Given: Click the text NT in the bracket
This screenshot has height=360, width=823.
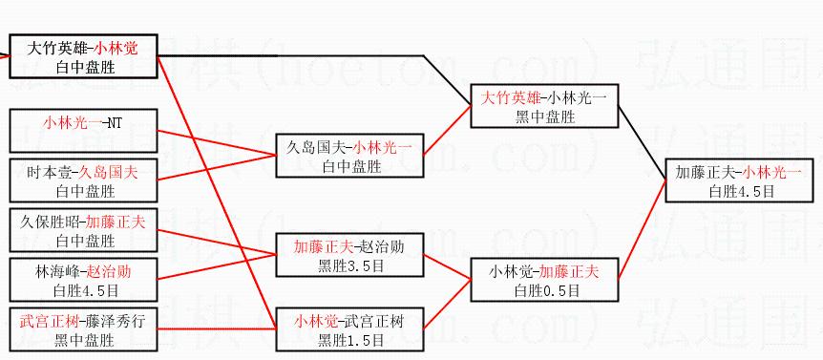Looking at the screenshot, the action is (x=114, y=123).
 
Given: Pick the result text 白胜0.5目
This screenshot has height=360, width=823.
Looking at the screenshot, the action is (x=544, y=290).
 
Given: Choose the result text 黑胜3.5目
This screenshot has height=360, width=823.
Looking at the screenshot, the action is (x=350, y=266).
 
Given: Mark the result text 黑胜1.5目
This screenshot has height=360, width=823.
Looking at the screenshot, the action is (x=350, y=341).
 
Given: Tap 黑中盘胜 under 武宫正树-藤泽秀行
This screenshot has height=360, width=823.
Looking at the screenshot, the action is (x=85, y=341).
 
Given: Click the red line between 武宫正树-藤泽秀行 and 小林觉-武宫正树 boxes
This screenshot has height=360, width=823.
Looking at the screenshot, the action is (x=217, y=328).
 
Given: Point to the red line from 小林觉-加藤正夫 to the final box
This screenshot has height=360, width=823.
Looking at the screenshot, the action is (x=642, y=229).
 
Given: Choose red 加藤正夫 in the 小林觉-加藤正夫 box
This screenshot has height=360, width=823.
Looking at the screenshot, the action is (x=569, y=271).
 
